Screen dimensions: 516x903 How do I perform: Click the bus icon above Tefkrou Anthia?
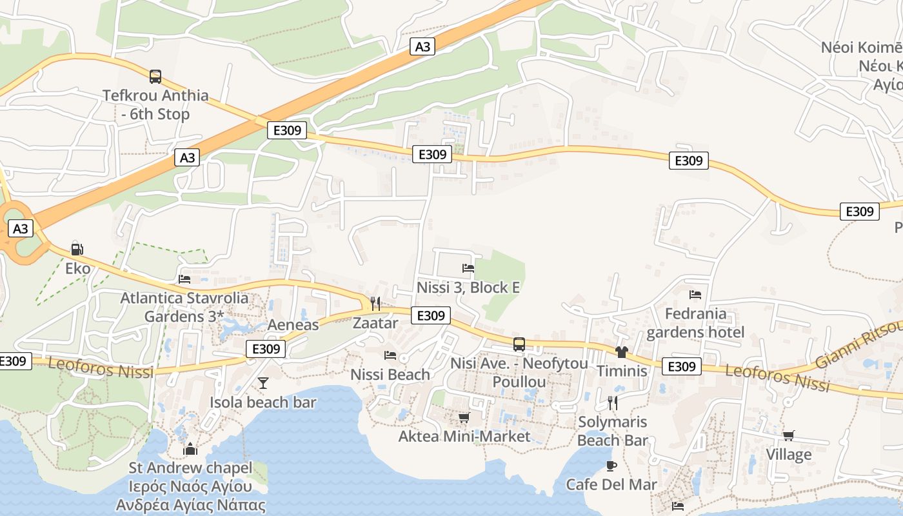(155, 77)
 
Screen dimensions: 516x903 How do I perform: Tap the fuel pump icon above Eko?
(77, 249)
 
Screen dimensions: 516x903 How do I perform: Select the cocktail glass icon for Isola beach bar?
(263, 383)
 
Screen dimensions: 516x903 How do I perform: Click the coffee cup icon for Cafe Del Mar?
(611, 466)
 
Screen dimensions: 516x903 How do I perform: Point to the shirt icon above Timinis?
(622, 352)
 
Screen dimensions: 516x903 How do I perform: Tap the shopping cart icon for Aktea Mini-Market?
(464, 418)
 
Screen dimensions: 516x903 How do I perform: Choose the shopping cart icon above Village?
(788, 436)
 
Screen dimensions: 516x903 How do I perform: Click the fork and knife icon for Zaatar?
(375, 304)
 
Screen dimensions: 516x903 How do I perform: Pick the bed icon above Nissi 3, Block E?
(468, 268)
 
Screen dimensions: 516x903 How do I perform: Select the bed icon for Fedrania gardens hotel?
(695, 295)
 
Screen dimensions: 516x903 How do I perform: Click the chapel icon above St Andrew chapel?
(190, 448)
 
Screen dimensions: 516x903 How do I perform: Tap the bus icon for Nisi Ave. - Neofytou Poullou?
(519, 344)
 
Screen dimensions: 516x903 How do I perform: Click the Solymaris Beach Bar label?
(612, 432)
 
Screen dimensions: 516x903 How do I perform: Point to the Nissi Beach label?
(390, 374)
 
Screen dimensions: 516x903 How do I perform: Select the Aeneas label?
(293, 324)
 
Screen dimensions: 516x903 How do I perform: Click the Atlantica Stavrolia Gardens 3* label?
(184, 307)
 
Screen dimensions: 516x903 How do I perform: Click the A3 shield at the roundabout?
(21, 228)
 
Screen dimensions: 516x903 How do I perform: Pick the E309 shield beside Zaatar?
(431, 315)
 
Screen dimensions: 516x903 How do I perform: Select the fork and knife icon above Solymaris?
(613, 403)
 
